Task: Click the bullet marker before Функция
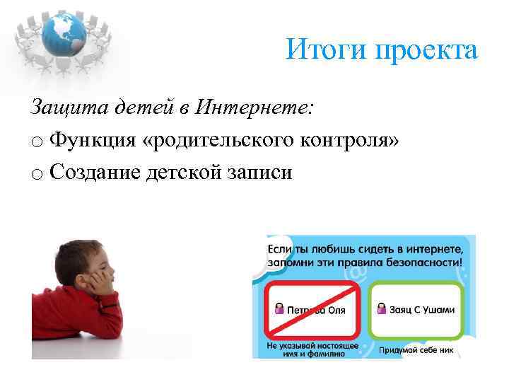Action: tap(36, 141)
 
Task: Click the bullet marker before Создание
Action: tap(36, 173)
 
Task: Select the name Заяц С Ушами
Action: tap(421, 309)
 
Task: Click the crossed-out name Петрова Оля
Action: tap(315, 310)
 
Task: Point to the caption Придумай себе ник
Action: tap(418, 349)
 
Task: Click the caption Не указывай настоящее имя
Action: tap(312, 349)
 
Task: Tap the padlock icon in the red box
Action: tap(278, 309)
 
